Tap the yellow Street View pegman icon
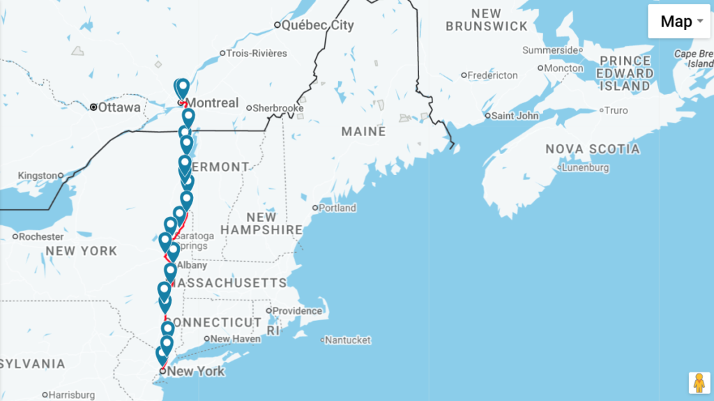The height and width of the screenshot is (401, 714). [x=699, y=383]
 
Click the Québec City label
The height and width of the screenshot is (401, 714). [x=318, y=25]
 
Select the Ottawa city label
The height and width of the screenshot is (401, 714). [x=119, y=107]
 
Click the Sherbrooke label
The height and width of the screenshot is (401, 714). [x=278, y=108]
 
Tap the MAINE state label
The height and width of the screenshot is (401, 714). [x=363, y=131]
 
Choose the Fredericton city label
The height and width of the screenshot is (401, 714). [x=492, y=75]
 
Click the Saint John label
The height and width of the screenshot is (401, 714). [x=515, y=115]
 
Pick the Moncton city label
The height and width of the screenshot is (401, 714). [x=563, y=68]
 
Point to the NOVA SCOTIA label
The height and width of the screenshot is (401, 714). [x=592, y=149]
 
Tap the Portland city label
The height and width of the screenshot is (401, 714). [x=337, y=207]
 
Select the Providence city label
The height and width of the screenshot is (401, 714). [x=297, y=310]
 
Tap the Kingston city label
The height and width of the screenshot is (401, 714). [x=38, y=175]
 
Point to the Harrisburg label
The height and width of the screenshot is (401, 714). [x=72, y=395]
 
